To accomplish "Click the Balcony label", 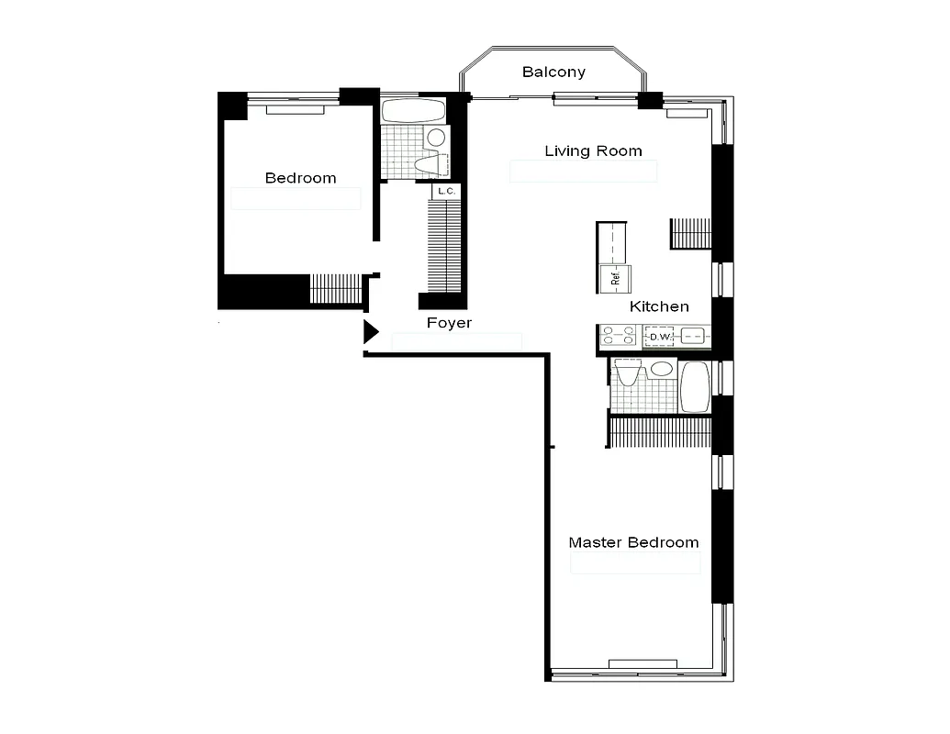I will pyautogui.click(x=553, y=72).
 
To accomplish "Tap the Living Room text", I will pyautogui.click(x=593, y=150).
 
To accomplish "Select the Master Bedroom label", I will pyautogui.click(x=633, y=542).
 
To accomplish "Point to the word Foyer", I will pyautogui.click(x=449, y=323).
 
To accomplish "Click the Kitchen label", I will pyautogui.click(x=659, y=306).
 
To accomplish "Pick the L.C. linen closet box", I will pyautogui.click(x=446, y=192).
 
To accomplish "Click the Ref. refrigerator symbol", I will pyautogui.click(x=613, y=277).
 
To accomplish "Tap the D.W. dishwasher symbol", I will pyautogui.click(x=658, y=337).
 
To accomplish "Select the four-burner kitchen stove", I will pyautogui.click(x=619, y=337).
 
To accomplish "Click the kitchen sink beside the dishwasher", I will pyautogui.click(x=694, y=337).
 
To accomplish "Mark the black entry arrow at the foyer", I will pyautogui.click(x=370, y=332).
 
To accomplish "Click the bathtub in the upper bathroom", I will pyautogui.click(x=413, y=112).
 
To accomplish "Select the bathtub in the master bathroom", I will pyautogui.click(x=695, y=385).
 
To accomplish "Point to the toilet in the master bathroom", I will pyautogui.click(x=629, y=373).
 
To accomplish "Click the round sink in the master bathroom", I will pyautogui.click(x=660, y=370).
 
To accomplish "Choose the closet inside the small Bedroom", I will pyautogui.click(x=336, y=288).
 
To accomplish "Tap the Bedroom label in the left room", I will pyautogui.click(x=300, y=178).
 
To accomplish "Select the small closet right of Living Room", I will pyautogui.click(x=691, y=233).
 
